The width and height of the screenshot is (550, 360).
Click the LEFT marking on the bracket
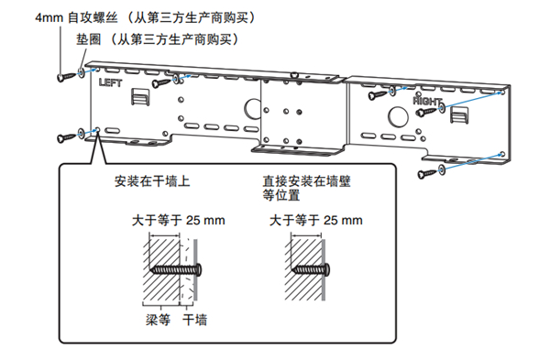click(111, 82)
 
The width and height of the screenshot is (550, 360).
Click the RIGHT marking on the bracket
click(426, 101)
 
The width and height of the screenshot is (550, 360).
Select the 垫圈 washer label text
click(89, 39)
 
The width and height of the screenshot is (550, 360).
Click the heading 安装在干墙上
click(152, 181)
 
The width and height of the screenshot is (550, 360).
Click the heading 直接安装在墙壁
click(306, 181)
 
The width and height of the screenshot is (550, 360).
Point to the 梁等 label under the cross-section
click(159, 320)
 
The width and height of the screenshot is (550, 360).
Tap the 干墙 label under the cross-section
click(195, 320)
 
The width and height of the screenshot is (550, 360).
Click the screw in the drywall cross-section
click(176, 270)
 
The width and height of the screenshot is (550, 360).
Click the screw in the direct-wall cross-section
click(312, 270)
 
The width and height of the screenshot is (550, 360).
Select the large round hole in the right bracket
click(398, 116)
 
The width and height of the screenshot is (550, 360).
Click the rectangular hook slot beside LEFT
click(140, 97)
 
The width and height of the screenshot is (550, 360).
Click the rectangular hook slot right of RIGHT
click(459, 115)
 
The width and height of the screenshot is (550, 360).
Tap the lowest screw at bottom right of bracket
click(427, 173)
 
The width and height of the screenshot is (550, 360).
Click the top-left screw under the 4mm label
click(66, 76)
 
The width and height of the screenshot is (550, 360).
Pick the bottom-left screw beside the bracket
click(66, 137)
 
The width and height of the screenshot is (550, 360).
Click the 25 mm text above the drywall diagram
click(205, 221)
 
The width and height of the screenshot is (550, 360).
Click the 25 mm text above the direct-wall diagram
click(343, 221)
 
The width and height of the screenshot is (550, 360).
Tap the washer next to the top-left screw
click(81, 72)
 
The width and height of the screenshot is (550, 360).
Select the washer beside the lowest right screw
click(441, 170)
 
